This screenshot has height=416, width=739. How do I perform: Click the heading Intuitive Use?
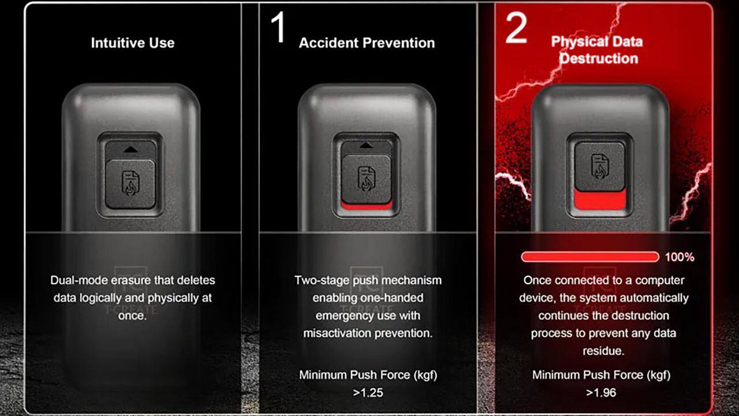pyautogui.click(x=133, y=43)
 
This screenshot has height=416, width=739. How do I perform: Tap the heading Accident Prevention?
pyautogui.click(x=367, y=43)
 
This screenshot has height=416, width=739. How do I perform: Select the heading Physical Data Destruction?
pyautogui.click(x=597, y=50)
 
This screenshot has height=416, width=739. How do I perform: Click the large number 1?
pyautogui.click(x=278, y=27)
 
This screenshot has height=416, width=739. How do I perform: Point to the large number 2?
pyautogui.click(x=516, y=28)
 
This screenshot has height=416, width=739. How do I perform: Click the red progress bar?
pyautogui.click(x=590, y=257)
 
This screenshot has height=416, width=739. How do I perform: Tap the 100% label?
pyautogui.click(x=680, y=257)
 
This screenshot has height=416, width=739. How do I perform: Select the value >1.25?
pyautogui.click(x=368, y=392)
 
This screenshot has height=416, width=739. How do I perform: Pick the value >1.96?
pyautogui.click(x=601, y=392)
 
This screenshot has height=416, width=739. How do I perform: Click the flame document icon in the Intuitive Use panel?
pyautogui.click(x=130, y=183)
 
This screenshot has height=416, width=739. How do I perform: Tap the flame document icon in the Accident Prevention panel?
pyautogui.click(x=367, y=179)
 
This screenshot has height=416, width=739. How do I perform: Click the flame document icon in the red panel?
pyautogui.click(x=600, y=166)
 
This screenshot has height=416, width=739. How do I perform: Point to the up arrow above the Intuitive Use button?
pyautogui.click(x=130, y=150)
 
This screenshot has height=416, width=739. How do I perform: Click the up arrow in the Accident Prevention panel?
pyautogui.click(x=366, y=145)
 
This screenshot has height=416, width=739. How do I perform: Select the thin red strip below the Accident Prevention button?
pyautogui.click(x=367, y=206)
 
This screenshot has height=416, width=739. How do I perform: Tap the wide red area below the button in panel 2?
pyautogui.click(x=600, y=200)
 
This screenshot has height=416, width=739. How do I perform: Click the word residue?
pyautogui.click(x=603, y=351)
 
